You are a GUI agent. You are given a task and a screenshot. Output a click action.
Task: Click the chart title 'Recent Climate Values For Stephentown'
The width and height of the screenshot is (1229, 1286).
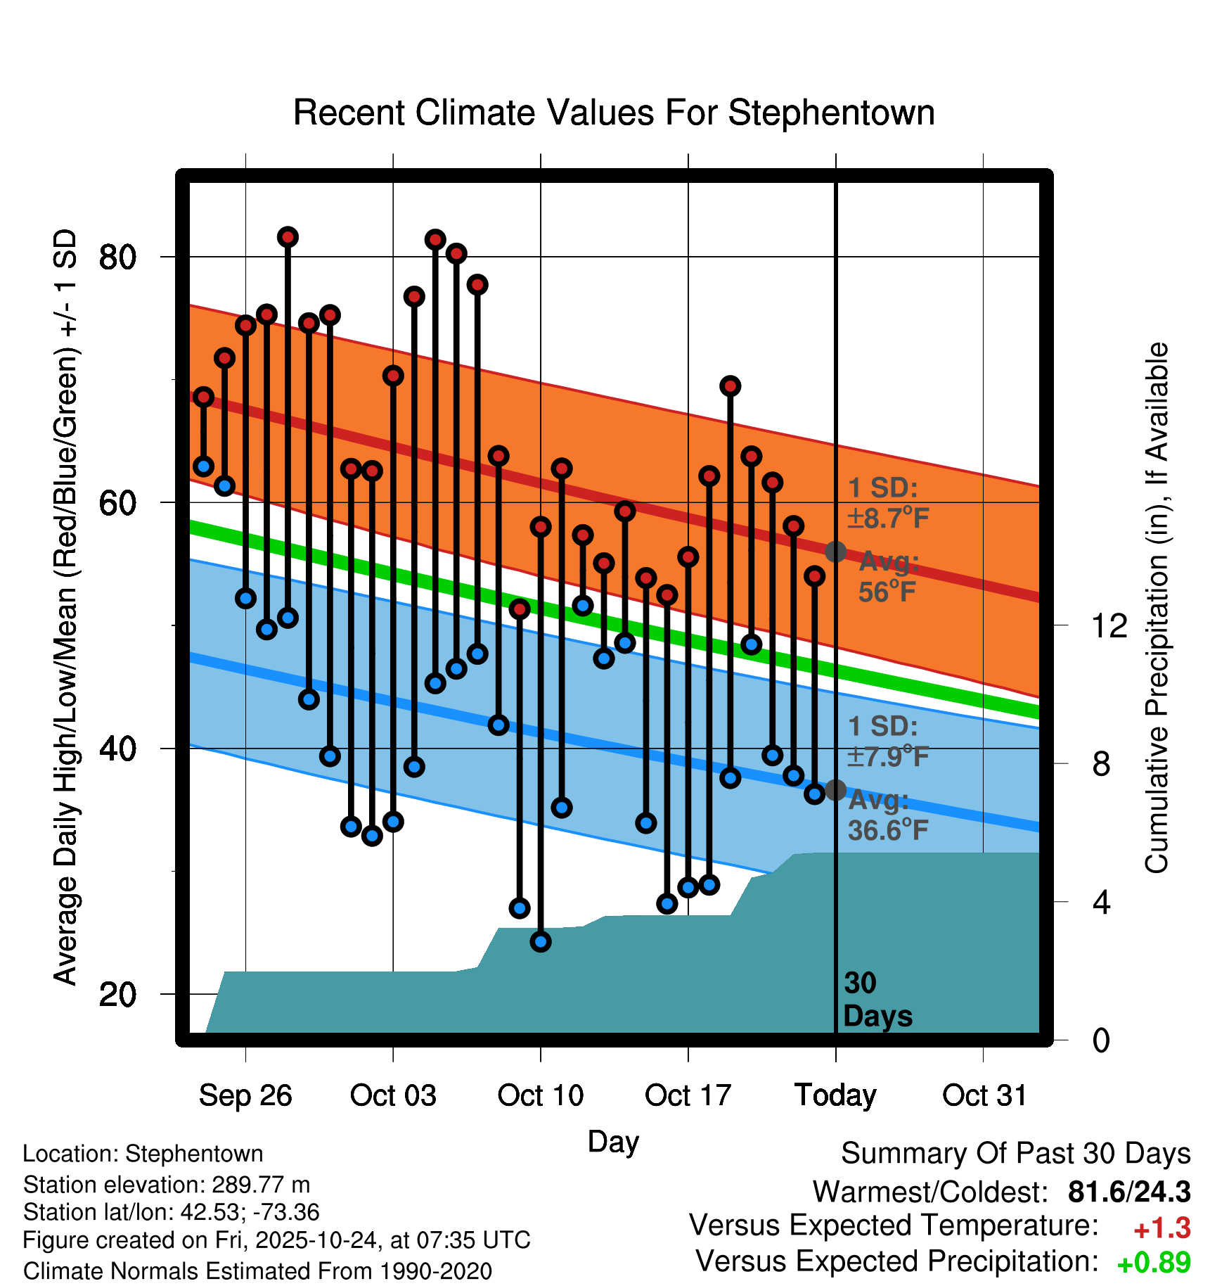point(614,113)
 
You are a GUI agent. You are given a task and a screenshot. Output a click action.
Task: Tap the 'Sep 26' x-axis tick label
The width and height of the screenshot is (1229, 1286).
point(245,1095)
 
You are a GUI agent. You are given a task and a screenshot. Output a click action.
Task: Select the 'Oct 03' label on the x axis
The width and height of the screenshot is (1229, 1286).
point(393,1095)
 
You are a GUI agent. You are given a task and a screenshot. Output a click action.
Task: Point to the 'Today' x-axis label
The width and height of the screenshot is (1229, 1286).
point(835,1095)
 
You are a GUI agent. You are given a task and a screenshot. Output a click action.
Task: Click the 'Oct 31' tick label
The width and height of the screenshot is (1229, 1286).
point(984,1095)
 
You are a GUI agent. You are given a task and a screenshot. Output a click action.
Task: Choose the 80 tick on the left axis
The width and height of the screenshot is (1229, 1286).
point(117,257)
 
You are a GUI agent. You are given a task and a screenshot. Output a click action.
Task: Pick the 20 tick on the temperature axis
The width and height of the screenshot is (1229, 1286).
point(117,994)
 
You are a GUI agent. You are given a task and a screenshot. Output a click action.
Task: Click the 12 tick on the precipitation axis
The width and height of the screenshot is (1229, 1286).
point(1109,625)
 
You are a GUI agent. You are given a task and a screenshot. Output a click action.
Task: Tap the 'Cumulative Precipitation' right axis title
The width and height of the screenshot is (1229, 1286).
point(1157,609)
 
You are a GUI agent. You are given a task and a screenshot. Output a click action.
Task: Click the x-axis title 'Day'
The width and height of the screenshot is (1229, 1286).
point(613,1141)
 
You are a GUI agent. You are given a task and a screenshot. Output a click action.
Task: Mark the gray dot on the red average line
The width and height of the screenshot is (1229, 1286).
point(835,552)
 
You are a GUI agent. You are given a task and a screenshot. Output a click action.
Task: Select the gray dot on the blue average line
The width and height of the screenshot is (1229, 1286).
point(835,790)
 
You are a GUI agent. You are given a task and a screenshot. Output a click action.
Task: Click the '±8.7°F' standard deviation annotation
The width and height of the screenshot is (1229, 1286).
point(889,518)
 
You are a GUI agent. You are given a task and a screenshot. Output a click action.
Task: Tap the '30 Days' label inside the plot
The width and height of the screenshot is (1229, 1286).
point(877,1000)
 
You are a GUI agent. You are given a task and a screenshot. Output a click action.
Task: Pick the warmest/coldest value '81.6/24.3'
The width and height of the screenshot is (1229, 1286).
point(1128,1192)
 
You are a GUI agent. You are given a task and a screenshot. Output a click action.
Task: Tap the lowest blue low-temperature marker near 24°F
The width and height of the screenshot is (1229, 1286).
point(541,941)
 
